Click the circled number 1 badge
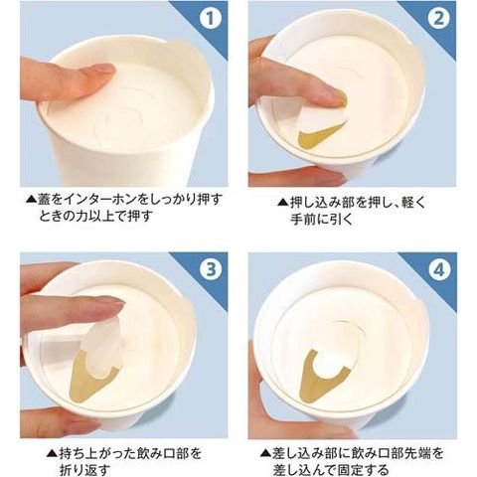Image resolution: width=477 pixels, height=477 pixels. pos(210,18)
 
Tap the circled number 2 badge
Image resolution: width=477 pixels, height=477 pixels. pos(438,18)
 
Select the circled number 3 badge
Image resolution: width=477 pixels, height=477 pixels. pos(210,269)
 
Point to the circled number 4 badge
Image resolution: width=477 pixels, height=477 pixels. pos(439,270)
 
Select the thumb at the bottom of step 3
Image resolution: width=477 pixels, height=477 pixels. pos(60,421)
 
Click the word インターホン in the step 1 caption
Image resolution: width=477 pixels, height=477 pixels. pos(100,200)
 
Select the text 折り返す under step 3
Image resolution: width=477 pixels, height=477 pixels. pos(84,469)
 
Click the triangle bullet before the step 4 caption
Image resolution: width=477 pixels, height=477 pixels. pos(265,453)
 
